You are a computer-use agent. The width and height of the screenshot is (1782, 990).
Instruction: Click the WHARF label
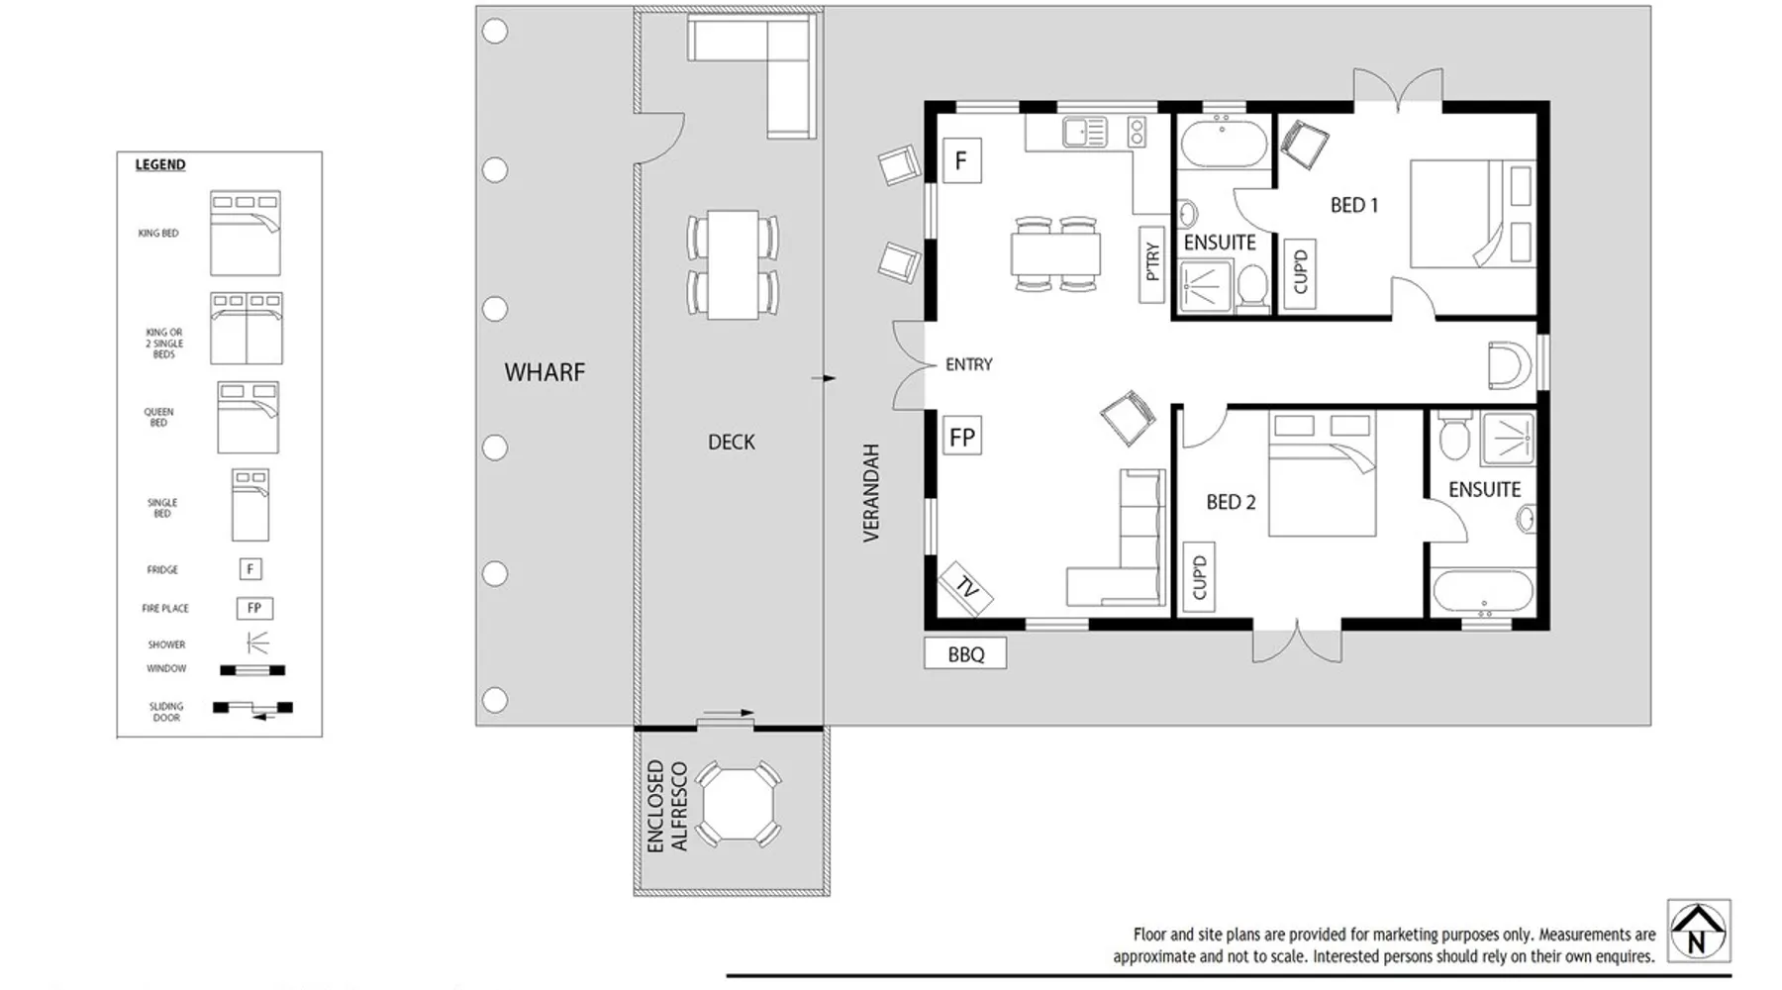pos(544,372)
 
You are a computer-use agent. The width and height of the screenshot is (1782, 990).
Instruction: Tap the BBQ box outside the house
pos(965,654)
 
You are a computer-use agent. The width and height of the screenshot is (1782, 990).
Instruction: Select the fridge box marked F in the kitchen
pos(961,160)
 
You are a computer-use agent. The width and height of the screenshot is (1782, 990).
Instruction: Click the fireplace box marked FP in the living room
pos(961,437)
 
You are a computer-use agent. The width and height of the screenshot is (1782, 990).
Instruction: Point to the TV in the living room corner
pos(965,587)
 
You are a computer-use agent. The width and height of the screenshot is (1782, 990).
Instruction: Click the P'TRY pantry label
pos(1151,261)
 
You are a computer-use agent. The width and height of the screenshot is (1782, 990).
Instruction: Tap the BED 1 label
pos(1354,205)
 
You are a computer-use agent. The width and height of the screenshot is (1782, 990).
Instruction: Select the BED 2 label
pos(1231,502)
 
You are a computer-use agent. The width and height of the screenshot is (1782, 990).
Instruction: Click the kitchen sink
pos(1084,132)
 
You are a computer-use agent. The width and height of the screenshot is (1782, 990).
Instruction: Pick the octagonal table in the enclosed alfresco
pos(737,804)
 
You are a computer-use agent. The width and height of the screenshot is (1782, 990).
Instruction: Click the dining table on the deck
pos(733,264)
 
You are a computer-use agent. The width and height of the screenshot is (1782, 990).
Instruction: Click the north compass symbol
pos(1699,931)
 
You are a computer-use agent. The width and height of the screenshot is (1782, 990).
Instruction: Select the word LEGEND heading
pos(160,164)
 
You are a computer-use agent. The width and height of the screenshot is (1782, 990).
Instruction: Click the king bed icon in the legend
pos(246,234)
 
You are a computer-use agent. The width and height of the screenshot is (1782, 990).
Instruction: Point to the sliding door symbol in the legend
pos(252,708)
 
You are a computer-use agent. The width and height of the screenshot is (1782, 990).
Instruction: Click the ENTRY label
pos(968,364)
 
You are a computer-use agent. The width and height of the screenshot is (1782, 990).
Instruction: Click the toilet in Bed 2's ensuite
pos(1454,437)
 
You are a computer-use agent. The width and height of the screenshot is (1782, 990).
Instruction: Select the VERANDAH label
pos(871,492)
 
